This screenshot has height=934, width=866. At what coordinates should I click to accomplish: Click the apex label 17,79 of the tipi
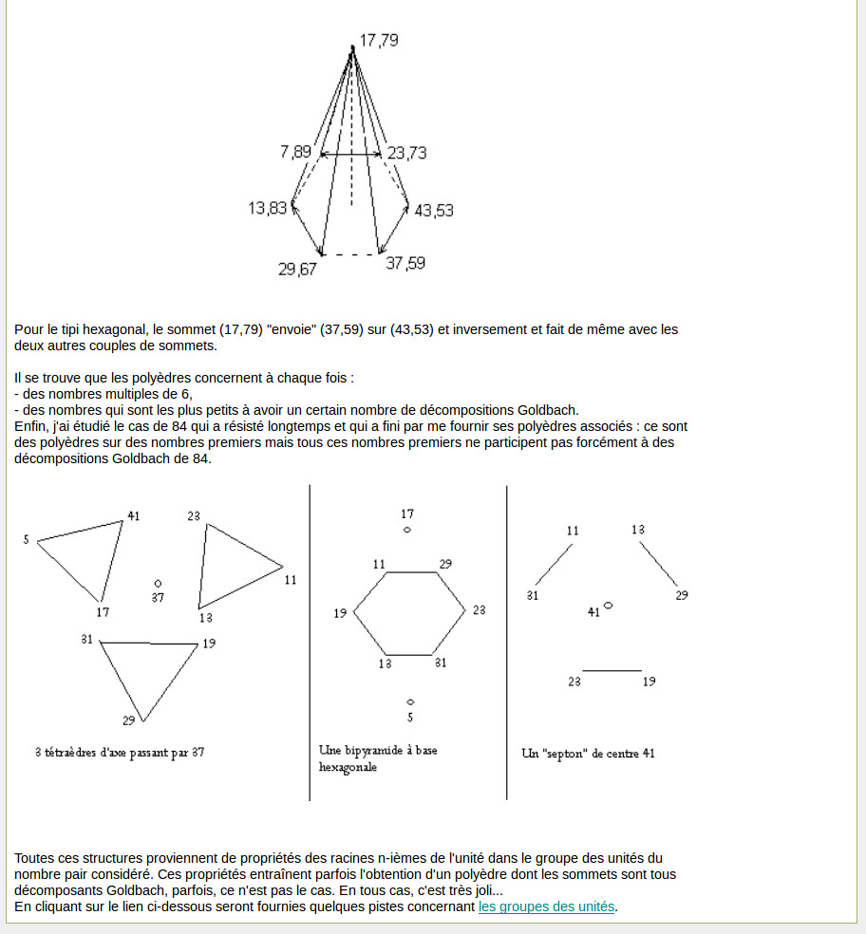tap(378, 40)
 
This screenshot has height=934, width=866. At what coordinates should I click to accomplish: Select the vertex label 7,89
tap(295, 152)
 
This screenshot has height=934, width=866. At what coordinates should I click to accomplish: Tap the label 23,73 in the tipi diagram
tap(406, 152)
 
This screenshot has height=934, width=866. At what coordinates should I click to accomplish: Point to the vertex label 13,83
tap(267, 208)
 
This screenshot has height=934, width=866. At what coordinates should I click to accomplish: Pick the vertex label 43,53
tap(434, 210)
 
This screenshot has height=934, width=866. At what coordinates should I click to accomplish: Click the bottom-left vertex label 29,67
tap(297, 269)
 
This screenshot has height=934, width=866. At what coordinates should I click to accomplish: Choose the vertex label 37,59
tap(405, 263)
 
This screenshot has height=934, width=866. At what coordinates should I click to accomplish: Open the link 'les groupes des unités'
tap(547, 906)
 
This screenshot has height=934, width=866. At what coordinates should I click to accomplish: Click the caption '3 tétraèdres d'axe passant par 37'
tap(120, 753)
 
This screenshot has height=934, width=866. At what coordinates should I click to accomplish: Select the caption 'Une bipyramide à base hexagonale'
tap(378, 757)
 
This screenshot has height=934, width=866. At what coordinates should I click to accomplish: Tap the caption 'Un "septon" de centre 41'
tap(588, 754)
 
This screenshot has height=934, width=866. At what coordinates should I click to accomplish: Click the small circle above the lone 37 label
tap(158, 583)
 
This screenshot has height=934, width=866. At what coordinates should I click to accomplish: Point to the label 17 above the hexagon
tap(407, 514)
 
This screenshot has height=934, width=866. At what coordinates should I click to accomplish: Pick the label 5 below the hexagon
tap(410, 718)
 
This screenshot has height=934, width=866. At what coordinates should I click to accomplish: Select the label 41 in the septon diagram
tap(593, 612)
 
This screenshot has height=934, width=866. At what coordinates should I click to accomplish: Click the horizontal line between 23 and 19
tap(612, 671)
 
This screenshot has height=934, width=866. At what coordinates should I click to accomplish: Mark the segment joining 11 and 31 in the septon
tap(554, 564)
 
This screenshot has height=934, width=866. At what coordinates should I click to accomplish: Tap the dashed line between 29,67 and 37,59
tap(350, 254)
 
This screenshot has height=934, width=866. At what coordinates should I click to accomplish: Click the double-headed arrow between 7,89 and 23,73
tap(351, 154)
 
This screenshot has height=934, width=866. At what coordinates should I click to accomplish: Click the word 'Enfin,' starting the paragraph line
tap(32, 426)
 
